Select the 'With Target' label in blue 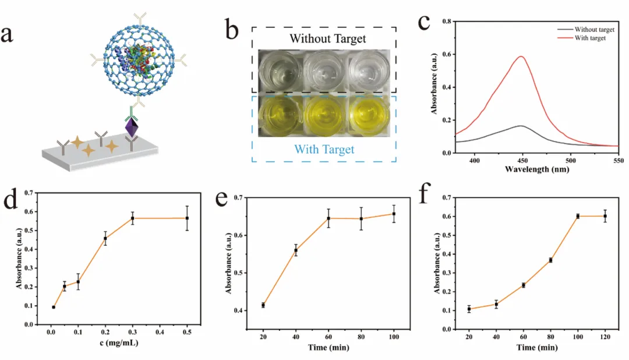(x=324, y=149)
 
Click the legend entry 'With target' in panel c (x=590, y=38)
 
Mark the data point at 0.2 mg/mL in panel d (x=105, y=238)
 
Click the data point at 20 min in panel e (x=263, y=305)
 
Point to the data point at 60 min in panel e (x=328, y=218)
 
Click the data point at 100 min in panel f (x=578, y=216)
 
